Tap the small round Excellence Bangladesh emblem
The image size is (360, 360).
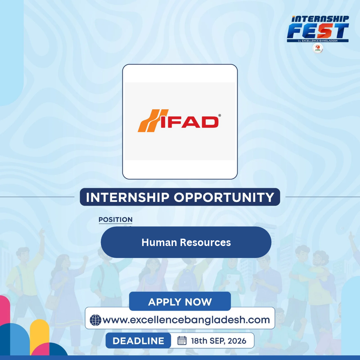coord(318,48)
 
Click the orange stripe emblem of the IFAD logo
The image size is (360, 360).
coord(153,121)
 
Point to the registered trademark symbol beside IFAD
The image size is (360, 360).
coord(219,115)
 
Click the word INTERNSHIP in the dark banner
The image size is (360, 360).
coord(128,197)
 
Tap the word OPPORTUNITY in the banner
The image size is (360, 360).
coord(224,197)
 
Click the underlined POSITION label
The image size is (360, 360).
coord(115,220)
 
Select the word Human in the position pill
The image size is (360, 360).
coord(159,242)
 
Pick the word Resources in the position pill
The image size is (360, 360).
coord(205,242)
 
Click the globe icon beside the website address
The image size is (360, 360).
coord(96,320)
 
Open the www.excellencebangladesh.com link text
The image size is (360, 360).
coord(186,320)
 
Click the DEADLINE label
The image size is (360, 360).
coord(138,341)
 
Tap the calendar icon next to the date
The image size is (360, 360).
coord(182,340)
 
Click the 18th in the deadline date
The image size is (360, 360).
coord(199,341)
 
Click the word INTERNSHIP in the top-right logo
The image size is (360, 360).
coord(320,19)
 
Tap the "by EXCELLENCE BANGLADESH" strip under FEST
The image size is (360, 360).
coord(318,41)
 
